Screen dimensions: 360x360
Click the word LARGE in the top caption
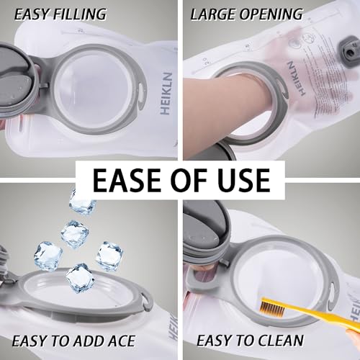(x=214, y=14)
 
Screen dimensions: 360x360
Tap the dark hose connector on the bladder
(x=348, y=51)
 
